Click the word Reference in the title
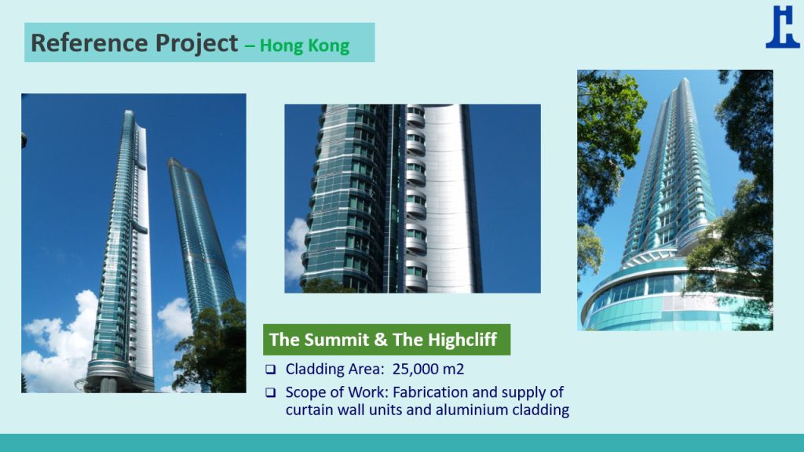pyautogui.click(x=90, y=42)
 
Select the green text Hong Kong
pyautogui.click(x=305, y=46)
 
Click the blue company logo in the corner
pyautogui.click(x=783, y=27)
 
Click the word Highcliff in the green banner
pyautogui.click(x=462, y=339)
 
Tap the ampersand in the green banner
pyautogui.click(x=381, y=339)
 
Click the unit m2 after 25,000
pyautogui.click(x=453, y=369)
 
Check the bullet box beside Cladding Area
pyautogui.click(x=270, y=370)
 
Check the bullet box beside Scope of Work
pyautogui.click(x=270, y=392)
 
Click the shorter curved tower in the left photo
pyautogui.click(x=200, y=235)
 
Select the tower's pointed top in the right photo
pyautogui.click(x=685, y=80)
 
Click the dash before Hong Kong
pyautogui.click(x=250, y=46)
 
